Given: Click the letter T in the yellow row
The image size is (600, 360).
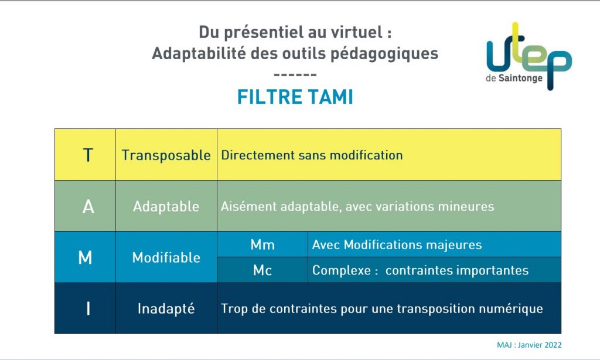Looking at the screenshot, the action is [x=88, y=155].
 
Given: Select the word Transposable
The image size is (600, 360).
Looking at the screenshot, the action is [x=166, y=155].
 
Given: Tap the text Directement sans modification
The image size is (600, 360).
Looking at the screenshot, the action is [x=312, y=155].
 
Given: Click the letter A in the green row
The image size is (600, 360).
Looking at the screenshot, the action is [x=88, y=207].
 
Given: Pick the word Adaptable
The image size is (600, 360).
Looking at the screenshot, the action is [x=166, y=207].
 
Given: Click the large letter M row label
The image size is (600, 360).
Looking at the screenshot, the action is [x=85, y=257].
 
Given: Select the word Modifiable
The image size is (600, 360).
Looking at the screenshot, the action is [x=166, y=257].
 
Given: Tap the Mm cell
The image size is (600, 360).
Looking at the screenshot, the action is [x=262, y=244].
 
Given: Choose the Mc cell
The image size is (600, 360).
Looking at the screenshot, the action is [x=262, y=270].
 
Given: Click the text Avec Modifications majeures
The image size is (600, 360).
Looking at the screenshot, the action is [x=397, y=244].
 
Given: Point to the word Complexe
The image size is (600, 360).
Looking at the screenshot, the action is [x=342, y=270].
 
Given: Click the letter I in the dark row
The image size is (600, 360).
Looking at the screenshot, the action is [x=88, y=308].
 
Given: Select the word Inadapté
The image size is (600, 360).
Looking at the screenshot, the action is [x=166, y=308].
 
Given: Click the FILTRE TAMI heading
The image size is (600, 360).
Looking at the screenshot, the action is [x=295, y=97].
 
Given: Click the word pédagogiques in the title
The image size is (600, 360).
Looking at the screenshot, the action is [x=384, y=53].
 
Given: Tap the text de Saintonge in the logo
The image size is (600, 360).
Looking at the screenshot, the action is [x=514, y=78].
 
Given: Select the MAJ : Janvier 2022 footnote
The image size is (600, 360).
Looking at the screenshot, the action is [x=529, y=345].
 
